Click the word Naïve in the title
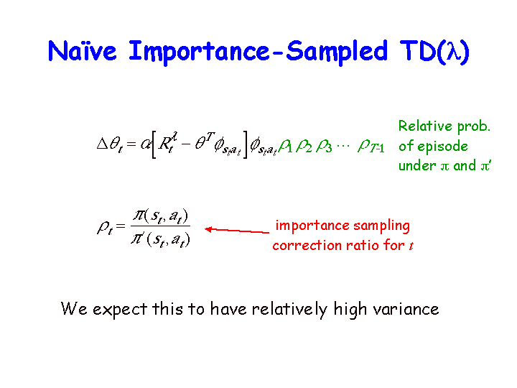[x=82, y=51]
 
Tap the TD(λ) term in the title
[x=434, y=52]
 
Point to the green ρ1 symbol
[x=286, y=145]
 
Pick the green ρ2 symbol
[x=304, y=145]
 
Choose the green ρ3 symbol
[x=324, y=145]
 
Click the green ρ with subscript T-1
[x=371, y=145]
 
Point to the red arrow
[x=237, y=231]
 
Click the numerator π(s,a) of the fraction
[x=161, y=216]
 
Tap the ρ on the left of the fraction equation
[x=105, y=227]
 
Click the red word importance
[x=312, y=226]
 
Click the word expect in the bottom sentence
[x=120, y=310]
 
